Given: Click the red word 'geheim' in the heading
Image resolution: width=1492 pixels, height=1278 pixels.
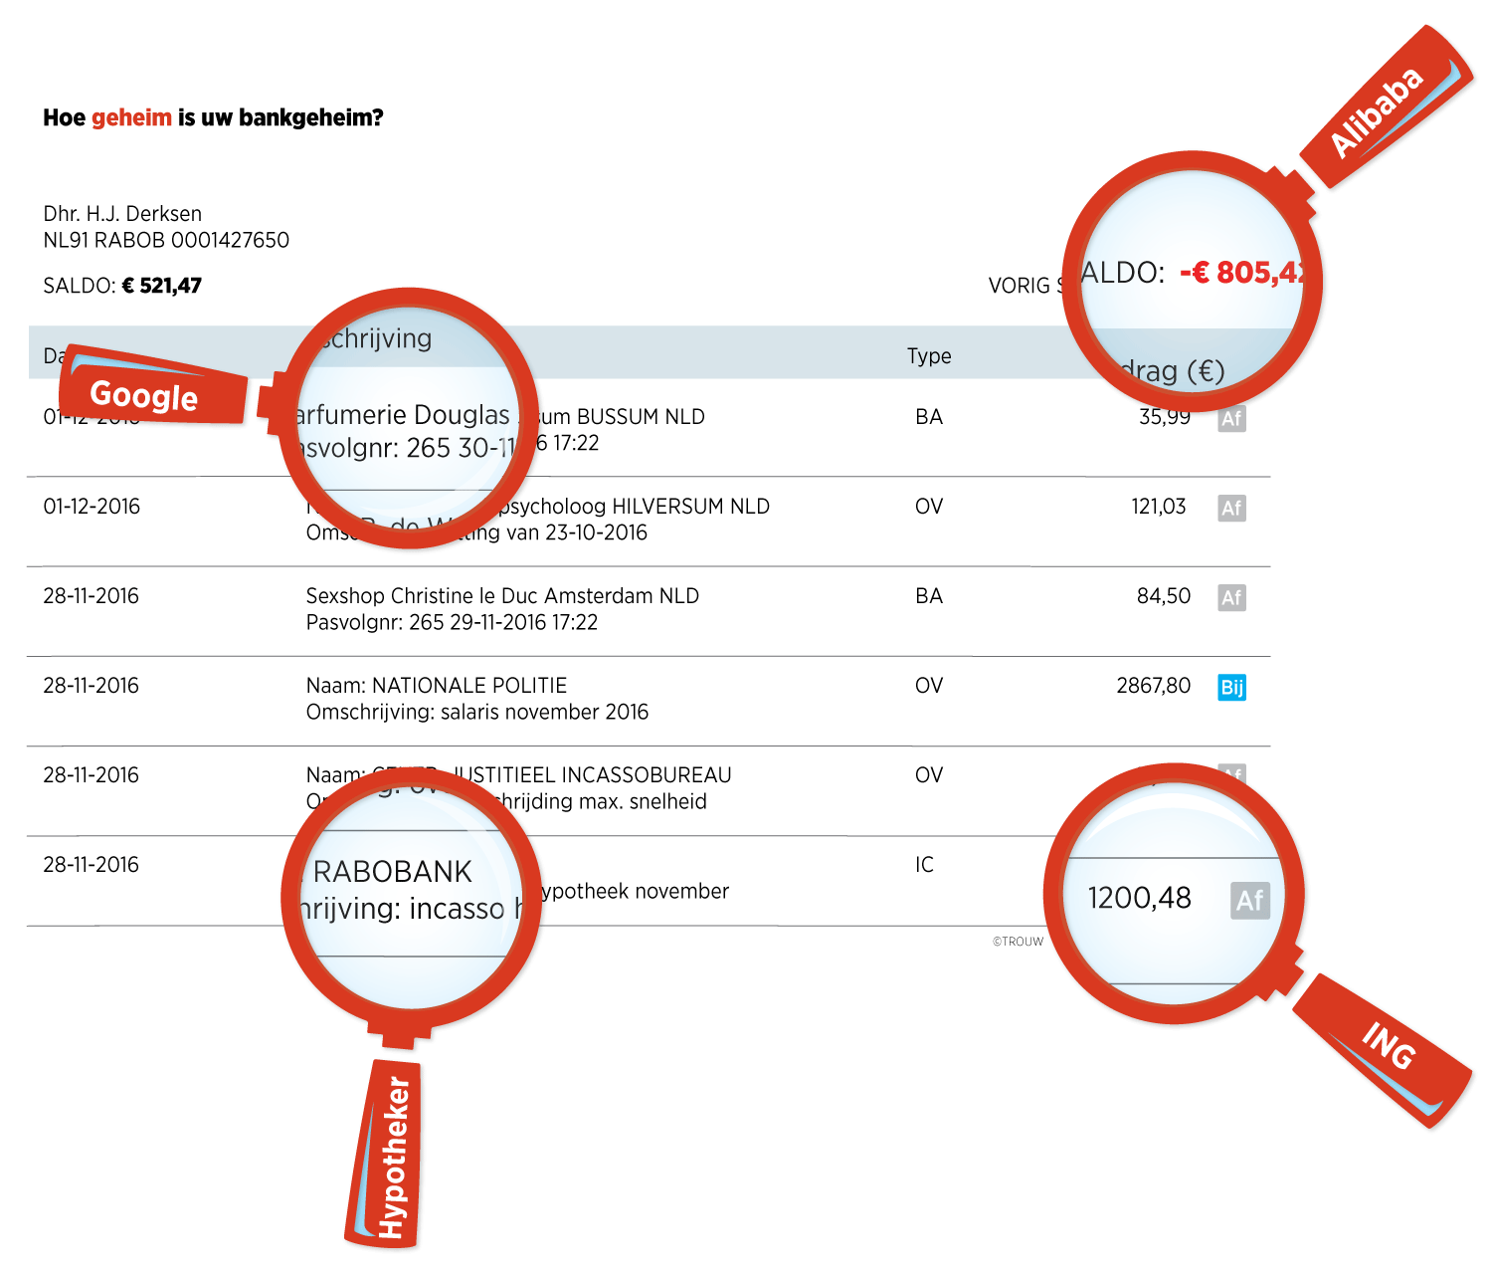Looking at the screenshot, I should (131, 117).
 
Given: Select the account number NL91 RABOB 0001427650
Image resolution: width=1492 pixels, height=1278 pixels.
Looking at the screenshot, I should (166, 240).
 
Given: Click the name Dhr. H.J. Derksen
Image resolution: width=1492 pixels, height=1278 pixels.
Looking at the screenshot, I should (122, 213).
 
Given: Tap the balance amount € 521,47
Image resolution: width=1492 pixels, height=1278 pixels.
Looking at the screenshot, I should (161, 286).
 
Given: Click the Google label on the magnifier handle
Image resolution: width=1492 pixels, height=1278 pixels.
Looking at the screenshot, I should (144, 395).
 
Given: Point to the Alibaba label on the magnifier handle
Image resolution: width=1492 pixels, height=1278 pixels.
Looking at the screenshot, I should (1377, 111).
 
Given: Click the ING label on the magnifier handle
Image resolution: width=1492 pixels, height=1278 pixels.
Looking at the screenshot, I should (1389, 1046).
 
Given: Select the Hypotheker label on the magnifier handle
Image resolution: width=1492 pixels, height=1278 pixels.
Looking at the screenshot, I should (394, 1158).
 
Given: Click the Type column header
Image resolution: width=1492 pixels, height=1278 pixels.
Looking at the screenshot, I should (929, 356).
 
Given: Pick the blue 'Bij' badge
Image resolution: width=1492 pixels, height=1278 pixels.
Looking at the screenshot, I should (1231, 687).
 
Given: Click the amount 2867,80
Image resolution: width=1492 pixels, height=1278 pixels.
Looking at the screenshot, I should (1153, 685).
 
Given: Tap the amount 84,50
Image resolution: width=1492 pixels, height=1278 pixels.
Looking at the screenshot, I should (1164, 595).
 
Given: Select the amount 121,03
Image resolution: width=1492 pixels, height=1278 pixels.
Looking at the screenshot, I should (1159, 506).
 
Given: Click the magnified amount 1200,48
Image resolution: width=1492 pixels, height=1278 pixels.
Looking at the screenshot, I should (1139, 898).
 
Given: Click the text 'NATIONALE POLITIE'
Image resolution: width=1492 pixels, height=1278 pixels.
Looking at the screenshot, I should (468, 685).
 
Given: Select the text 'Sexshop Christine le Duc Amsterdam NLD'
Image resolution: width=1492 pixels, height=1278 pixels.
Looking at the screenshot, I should (502, 595).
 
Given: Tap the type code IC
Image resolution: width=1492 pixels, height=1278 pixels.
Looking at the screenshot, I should (925, 864).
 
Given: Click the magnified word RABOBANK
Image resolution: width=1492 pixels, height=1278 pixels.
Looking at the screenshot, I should (392, 872).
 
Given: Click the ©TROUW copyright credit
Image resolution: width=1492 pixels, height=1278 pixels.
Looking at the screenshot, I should (1018, 942).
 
